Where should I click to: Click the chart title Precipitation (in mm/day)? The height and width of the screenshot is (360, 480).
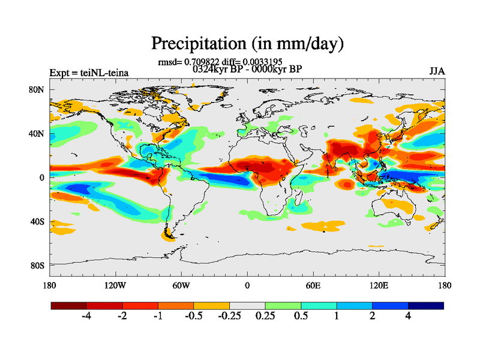[x=247, y=43]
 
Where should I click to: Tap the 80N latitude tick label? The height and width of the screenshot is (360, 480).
[x=38, y=90]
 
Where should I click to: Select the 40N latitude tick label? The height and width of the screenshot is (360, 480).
[x=38, y=134]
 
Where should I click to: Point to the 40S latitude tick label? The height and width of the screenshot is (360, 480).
[x=38, y=221]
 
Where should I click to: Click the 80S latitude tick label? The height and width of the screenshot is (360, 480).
[x=38, y=265]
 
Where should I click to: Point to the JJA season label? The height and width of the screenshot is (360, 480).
[x=437, y=72]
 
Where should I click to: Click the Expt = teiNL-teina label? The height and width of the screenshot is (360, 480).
[x=89, y=73]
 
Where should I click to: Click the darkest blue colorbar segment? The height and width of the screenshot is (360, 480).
[x=426, y=305]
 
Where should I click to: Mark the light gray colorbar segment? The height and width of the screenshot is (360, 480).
[x=247, y=305]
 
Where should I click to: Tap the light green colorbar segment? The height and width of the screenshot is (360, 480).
[x=283, y=305]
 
